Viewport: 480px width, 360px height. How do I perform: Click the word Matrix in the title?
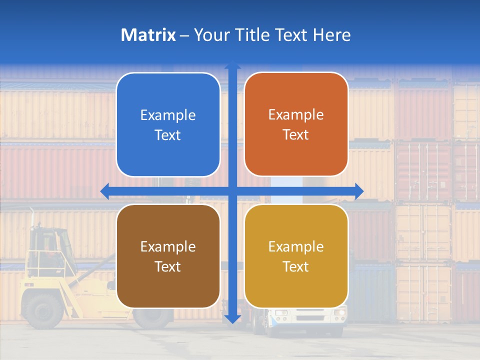(148, 35)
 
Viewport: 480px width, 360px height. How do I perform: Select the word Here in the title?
(331, 35)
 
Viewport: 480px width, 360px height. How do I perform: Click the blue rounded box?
(168, 124)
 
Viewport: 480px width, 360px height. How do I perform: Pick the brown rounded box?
(168, 256)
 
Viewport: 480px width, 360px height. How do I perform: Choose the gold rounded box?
(296, 256)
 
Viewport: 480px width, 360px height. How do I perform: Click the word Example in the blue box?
(168, 115)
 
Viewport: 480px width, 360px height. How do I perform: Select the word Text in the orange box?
(296, 134)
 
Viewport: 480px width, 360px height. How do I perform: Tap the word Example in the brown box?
(168, 247)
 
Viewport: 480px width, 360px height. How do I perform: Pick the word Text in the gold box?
(296, 266)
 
